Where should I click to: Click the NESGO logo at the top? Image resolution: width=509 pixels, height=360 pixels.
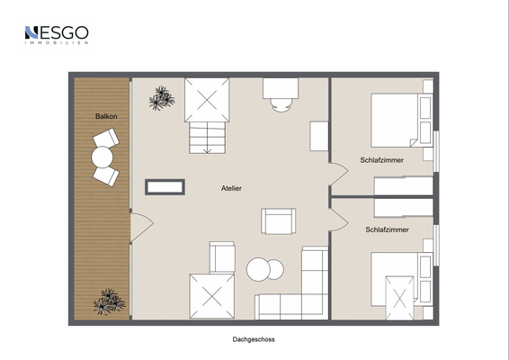point(57,35)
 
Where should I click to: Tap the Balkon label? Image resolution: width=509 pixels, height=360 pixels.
point(106,116)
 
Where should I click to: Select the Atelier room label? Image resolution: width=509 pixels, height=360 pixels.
point(231,188)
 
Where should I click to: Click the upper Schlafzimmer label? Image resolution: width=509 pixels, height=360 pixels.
point(381,160)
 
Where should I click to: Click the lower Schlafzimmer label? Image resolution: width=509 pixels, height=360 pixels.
point(387,229)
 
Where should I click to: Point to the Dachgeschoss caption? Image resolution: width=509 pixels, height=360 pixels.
point(254,339)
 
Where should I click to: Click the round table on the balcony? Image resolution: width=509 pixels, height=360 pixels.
point(103,157)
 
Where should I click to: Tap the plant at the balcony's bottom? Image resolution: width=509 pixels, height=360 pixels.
point(109,301)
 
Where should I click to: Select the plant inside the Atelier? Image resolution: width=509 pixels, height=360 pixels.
point(162,98)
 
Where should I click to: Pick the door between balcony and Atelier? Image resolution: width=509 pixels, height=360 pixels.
point(141,227)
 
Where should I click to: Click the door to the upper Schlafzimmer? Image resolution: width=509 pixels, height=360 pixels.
point(338,174)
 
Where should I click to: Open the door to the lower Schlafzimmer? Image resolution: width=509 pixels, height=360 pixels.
point(338,220)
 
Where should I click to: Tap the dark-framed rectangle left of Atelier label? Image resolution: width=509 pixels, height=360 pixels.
point(165,187)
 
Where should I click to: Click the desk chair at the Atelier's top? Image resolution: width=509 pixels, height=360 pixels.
point(281,105)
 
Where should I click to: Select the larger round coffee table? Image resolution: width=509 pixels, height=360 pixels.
point(258,269)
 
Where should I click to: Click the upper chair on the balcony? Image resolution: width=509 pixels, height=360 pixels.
point(106,138)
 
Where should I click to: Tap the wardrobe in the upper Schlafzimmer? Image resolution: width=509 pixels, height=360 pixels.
point(404,185)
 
